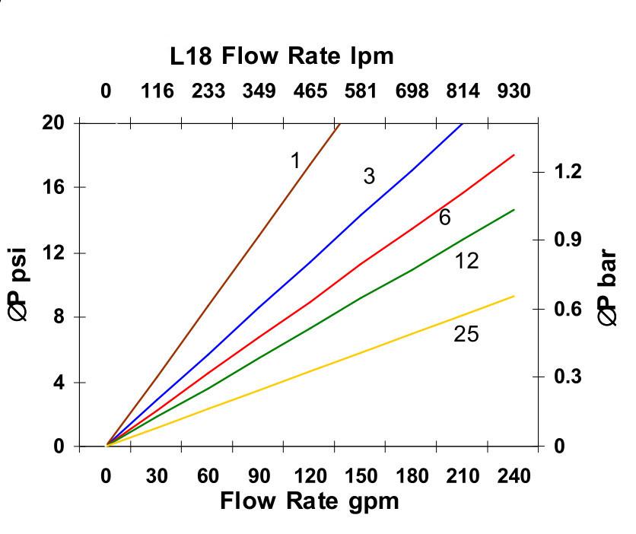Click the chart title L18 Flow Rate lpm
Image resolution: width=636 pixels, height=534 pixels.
pyautogui.click(x=282, y=56)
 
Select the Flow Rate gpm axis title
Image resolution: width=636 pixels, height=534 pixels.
pyautogui.click(x=309, y=501)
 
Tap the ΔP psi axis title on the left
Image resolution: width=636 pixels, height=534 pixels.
pyautogui.click(x=20, y=284)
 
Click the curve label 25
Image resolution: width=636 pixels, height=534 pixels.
pyautogui.click(x=466, y=334)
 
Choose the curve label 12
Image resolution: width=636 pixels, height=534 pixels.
pyautogui.click(x=466, y=262)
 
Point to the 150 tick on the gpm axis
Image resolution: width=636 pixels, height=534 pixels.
pyautogui.click(x=360, y=477)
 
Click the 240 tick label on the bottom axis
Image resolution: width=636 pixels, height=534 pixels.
pyautogui.click(x=514, y=477)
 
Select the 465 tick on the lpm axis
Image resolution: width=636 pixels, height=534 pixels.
pyautogui.click(x=310, y=92)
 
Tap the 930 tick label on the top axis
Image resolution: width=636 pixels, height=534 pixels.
pyautogui.click(x=514, y=92)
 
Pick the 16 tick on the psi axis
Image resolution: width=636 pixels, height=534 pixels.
pyautogui.click(x=52, y=187)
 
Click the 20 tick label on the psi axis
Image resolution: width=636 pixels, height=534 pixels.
pyautogui.click(x=52, y=122)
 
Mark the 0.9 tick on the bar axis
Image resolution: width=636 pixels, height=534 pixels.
pyautogui.click(x=568, y=240)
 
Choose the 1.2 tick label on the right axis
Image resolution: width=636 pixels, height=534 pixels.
pyautogui.click(x=568, y=172)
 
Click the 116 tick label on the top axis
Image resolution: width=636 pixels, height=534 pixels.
pyautogui.click(x=157, y=92)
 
